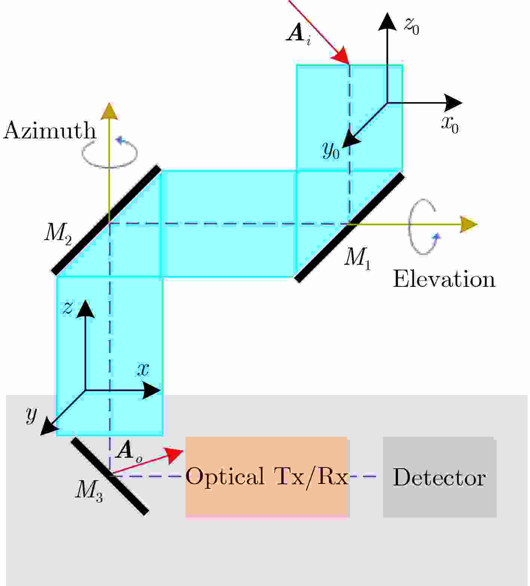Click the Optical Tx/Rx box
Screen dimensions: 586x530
[x=267, y=477]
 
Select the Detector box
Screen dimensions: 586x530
[x=439, y=477]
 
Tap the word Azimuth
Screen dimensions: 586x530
[x=50, y=131]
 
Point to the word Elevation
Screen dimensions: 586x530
[x=444, y=279]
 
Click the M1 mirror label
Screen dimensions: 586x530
[x=357, y=258]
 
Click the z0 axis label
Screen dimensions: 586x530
[x=411, y=26]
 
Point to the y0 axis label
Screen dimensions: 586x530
[x=331, y=151]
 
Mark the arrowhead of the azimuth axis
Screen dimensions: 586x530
[x=109, y=111]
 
